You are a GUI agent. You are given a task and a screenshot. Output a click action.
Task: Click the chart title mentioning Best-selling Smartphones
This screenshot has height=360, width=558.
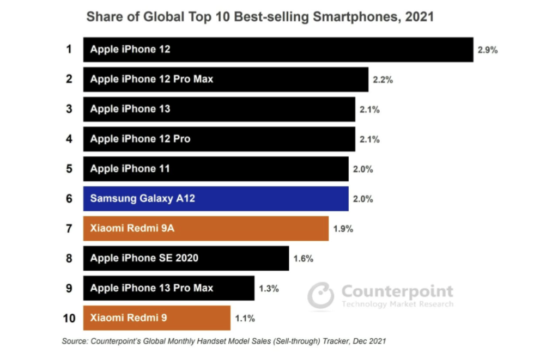tap(260, 17)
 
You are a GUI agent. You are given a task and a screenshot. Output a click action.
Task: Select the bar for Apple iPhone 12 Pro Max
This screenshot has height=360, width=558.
tap(226, 79)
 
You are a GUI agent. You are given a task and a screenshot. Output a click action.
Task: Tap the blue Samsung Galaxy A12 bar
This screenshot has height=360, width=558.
tap(216, 199)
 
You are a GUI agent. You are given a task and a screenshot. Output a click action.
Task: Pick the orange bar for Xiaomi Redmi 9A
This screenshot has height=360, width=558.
tap(206, 229)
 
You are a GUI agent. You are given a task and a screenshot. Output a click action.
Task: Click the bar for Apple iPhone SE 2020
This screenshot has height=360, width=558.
tap(186, 258)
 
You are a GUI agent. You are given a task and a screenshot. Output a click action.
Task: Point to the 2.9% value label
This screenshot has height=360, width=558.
tap(487, 50)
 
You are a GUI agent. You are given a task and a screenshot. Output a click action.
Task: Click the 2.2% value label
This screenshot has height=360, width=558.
tap(383, 80)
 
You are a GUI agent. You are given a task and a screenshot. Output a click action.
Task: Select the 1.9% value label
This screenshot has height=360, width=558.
tap(343, 229)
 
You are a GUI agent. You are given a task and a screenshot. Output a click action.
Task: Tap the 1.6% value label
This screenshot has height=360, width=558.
tap(303, 259)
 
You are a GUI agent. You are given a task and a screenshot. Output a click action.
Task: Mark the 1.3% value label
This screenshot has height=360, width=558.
tap(269, 289)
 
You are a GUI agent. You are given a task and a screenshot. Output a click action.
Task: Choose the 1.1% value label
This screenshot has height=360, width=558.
tap(245, 319)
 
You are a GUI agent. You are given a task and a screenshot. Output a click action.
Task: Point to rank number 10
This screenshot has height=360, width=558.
tap(69, 318)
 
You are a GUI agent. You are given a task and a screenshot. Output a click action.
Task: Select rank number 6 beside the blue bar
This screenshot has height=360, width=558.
tap(69, 199)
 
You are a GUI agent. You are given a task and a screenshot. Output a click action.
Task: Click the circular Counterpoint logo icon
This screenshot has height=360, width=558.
tap(320, 296)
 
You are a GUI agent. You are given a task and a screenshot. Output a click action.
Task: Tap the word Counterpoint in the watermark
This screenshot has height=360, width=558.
tap(397, 291)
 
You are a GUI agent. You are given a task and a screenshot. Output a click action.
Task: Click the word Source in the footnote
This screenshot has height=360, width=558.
tap(75, 341)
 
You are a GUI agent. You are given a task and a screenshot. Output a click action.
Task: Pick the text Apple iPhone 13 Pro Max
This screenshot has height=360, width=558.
tap(152, 288)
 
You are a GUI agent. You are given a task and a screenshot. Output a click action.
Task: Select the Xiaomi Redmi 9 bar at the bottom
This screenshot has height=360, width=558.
tap(156, 318)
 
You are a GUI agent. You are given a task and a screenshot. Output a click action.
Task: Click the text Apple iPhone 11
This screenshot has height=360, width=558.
tap(130, 169)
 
